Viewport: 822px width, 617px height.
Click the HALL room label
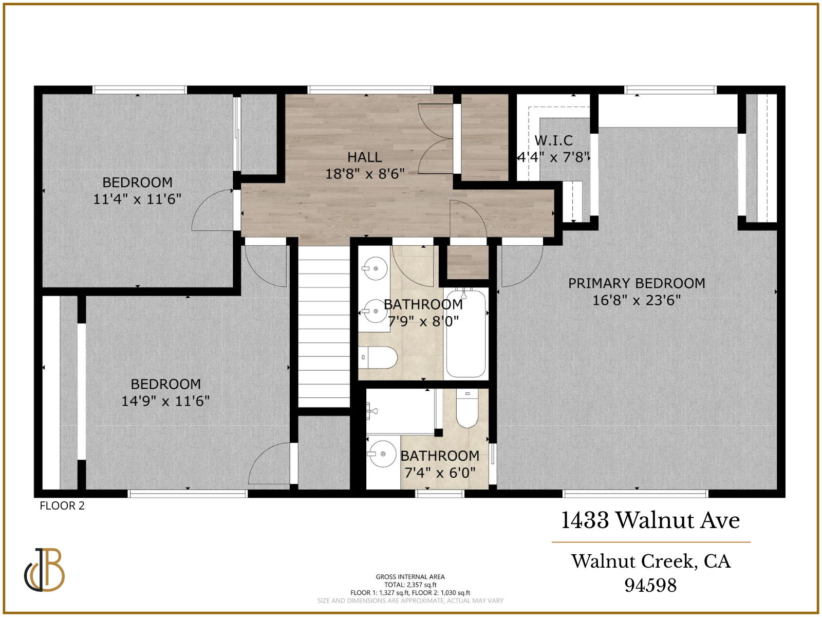pyautogui.click(x=364, y=157)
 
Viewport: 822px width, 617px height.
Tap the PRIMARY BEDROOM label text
pyautogui.click(x=636, y=283)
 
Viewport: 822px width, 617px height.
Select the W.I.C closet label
pyautogui.click(x=553, y=140)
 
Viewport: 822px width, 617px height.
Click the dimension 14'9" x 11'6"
pyautogui.click(x=165, y=401)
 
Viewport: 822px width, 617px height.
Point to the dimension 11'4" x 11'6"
pyautogui.click(x=137, y=199)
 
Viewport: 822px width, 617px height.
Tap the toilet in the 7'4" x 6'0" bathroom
pyautogui.click(x=467, y=408)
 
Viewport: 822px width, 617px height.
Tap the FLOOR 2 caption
pyautogui.click(x=62, y=506)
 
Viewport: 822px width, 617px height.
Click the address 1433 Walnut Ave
pyautogui.click(x=650, y=520)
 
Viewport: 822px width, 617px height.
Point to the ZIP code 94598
pyautogui.click(x=650, y=585)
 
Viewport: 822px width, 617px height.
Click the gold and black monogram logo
pyautogui.click(x=44, y=570)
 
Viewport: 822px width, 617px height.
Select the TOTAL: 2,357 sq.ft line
pyautogui.click(x=410, y=585)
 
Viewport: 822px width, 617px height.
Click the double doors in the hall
pyautogui.click(x=435, y=138)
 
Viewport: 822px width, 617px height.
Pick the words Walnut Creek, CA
pyautogui.click(x=650, y=561)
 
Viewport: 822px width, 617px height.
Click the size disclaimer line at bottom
pyautogui.click(x=410, y=601)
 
